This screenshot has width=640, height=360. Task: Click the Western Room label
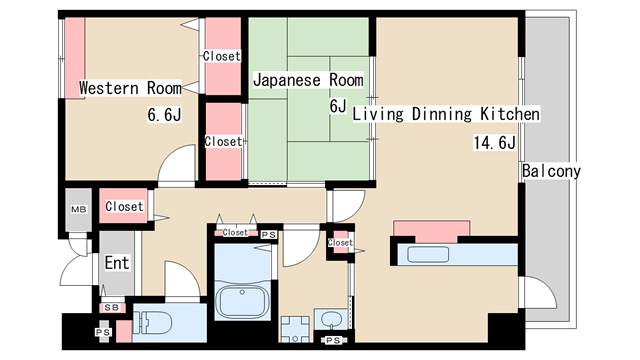(130, 88)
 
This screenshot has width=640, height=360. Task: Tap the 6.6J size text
(165, 115)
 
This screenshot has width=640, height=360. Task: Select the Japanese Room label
(301, 78)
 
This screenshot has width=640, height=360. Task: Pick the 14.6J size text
(494, 142)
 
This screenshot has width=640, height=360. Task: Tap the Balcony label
(550, 171)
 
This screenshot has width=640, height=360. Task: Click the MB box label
(77, 209)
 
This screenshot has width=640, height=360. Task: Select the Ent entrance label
(117, 262)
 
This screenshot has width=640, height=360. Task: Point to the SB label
(112, 307)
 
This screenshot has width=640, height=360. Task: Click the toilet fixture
(160, 323)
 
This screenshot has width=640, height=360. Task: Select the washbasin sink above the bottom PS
(331, 321)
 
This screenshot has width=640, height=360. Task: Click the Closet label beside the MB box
(124, 206)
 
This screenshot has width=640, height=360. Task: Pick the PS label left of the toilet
(103, 331)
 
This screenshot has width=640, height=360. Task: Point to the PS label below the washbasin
(333, 341)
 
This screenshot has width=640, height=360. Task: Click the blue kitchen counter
(456, 254)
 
